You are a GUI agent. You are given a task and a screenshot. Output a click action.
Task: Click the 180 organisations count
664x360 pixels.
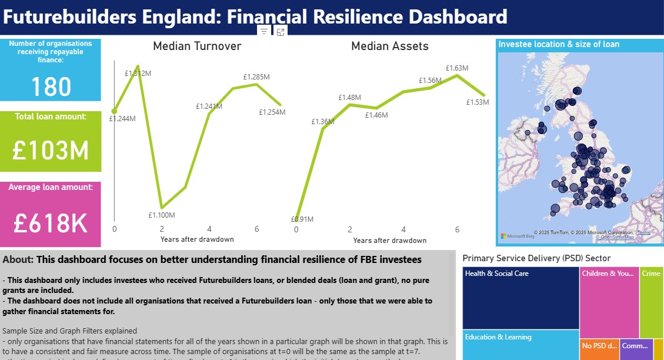(51, 87)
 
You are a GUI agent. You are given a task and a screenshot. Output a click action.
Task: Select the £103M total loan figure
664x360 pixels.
(51, 151)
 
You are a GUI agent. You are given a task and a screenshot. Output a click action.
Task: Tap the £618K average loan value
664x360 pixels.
(51, 224)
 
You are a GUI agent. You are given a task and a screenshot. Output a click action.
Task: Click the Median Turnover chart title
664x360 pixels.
(197, 46)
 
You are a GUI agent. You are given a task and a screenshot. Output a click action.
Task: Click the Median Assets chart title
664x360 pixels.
(389, 46)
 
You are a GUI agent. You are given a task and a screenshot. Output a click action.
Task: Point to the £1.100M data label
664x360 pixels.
(161, 215)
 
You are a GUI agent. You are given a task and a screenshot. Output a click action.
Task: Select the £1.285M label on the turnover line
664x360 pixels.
(256, 76)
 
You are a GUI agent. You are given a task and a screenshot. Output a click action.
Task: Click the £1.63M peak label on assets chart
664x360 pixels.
(456, 68)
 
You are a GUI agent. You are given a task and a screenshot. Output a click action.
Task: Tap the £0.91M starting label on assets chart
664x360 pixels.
(302, 219)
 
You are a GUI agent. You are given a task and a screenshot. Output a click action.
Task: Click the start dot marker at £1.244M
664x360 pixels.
(114, 111)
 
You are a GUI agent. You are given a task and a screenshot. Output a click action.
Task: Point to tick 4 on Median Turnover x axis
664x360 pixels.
(209, 229)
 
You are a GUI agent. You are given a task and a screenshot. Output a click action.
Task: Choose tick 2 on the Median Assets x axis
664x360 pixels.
(350, 229)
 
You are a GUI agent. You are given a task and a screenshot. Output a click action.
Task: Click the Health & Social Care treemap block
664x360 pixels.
(520, 297)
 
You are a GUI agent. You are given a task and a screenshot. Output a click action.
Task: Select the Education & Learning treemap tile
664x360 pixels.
(520, 344)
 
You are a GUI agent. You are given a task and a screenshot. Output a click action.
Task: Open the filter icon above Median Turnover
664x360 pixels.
(264, 32)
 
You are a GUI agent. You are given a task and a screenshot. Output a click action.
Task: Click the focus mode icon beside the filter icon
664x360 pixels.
(281, 32)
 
